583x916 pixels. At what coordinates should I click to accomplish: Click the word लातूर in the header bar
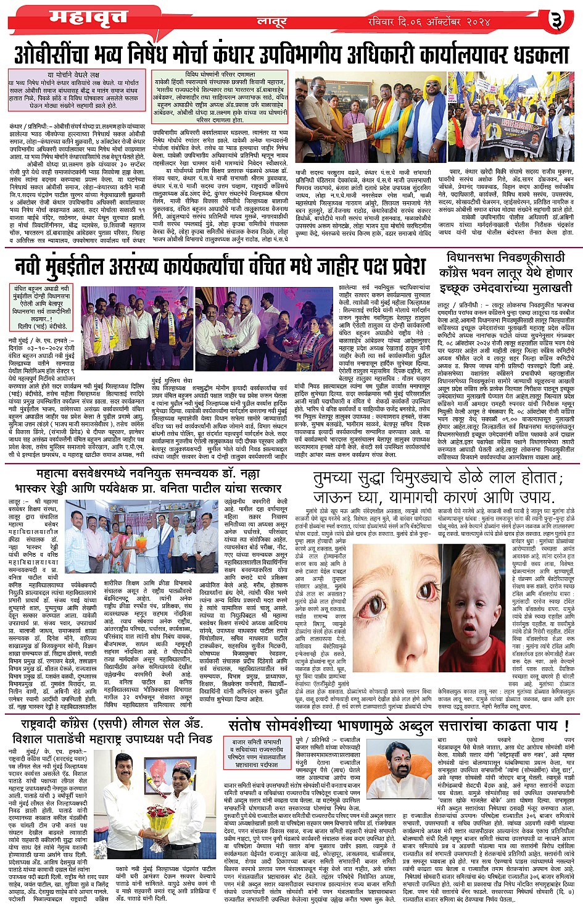273,22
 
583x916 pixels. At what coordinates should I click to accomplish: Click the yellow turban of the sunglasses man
433,81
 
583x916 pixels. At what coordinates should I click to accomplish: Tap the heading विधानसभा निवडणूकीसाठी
506,257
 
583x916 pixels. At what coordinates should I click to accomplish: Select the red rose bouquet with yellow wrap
162,823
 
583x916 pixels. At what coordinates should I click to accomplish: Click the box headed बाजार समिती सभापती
257,752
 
